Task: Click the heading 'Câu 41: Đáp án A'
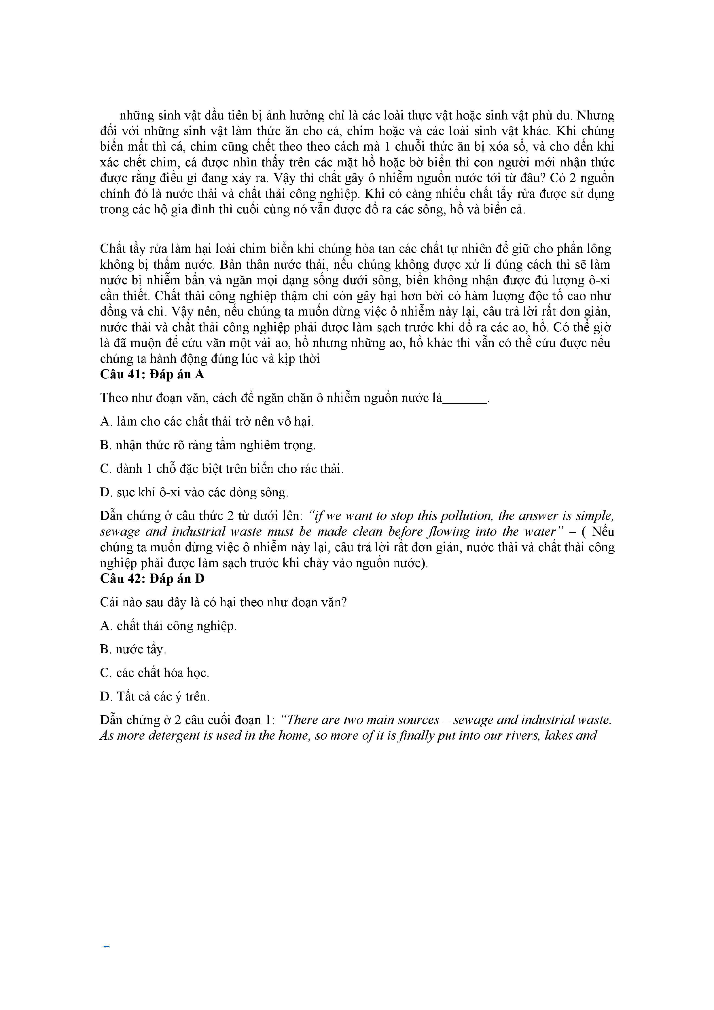coord(152,374)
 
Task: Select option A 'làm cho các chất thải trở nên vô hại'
coord(207,422)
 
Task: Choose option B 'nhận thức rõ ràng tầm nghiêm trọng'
coord(208,445)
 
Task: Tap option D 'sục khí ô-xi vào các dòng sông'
coord(194,492)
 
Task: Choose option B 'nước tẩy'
coord(133,649)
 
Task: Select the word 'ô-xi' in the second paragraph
coord(598,280)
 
